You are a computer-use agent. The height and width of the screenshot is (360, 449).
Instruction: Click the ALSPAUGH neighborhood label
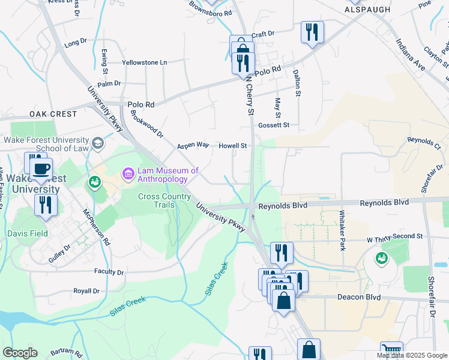click(368, 10)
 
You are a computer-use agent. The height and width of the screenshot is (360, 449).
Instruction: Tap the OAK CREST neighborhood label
click(53, 114)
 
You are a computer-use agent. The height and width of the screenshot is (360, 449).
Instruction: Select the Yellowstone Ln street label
click(144, 62)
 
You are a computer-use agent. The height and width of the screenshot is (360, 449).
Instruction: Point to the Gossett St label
click(274, 125)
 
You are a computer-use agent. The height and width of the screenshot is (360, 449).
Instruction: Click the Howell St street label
click(233, 146)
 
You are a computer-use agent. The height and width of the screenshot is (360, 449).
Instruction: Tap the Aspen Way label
click(193, 146)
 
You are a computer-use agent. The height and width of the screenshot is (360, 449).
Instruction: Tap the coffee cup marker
click(41, 169)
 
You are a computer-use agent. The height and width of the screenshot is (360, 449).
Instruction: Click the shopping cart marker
click(391, 350)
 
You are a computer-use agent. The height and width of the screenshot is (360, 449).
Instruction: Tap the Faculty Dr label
click(109, 272)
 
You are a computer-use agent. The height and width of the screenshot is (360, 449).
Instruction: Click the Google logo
click(20, 353)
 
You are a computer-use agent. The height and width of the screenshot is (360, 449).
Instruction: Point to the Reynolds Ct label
click(424, 143)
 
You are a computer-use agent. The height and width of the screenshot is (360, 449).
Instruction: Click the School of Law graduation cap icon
click(98, 143)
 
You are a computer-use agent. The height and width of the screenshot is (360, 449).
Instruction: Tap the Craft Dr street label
click(263, 34)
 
